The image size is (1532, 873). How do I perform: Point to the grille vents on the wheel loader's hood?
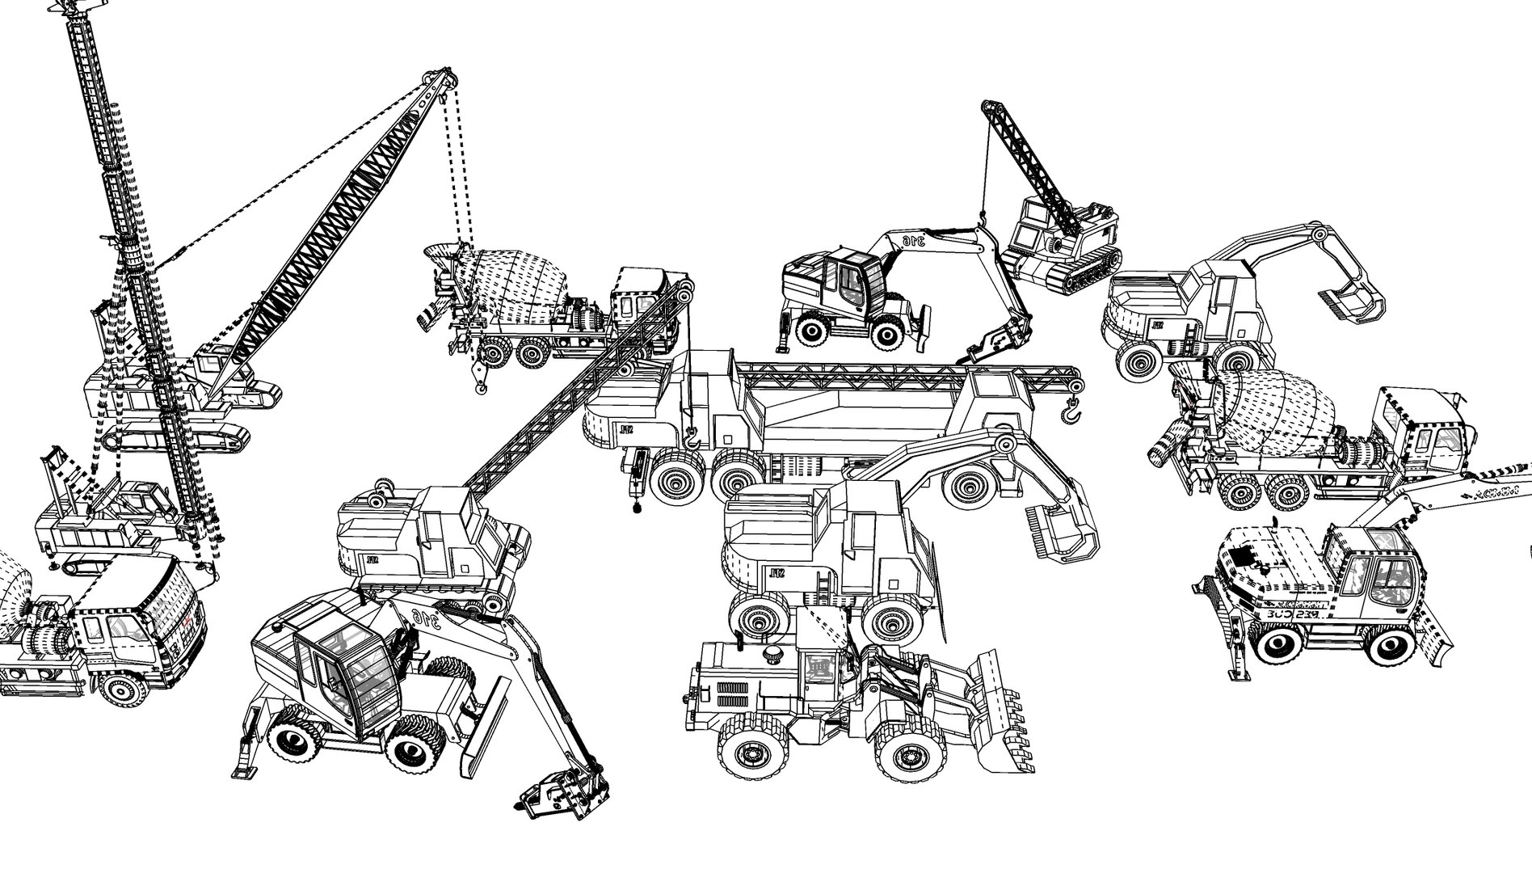tap(732, 696)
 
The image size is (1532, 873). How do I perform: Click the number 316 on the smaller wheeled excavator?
tap(913, 240)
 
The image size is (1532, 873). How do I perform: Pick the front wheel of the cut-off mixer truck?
tap(121, 692)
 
